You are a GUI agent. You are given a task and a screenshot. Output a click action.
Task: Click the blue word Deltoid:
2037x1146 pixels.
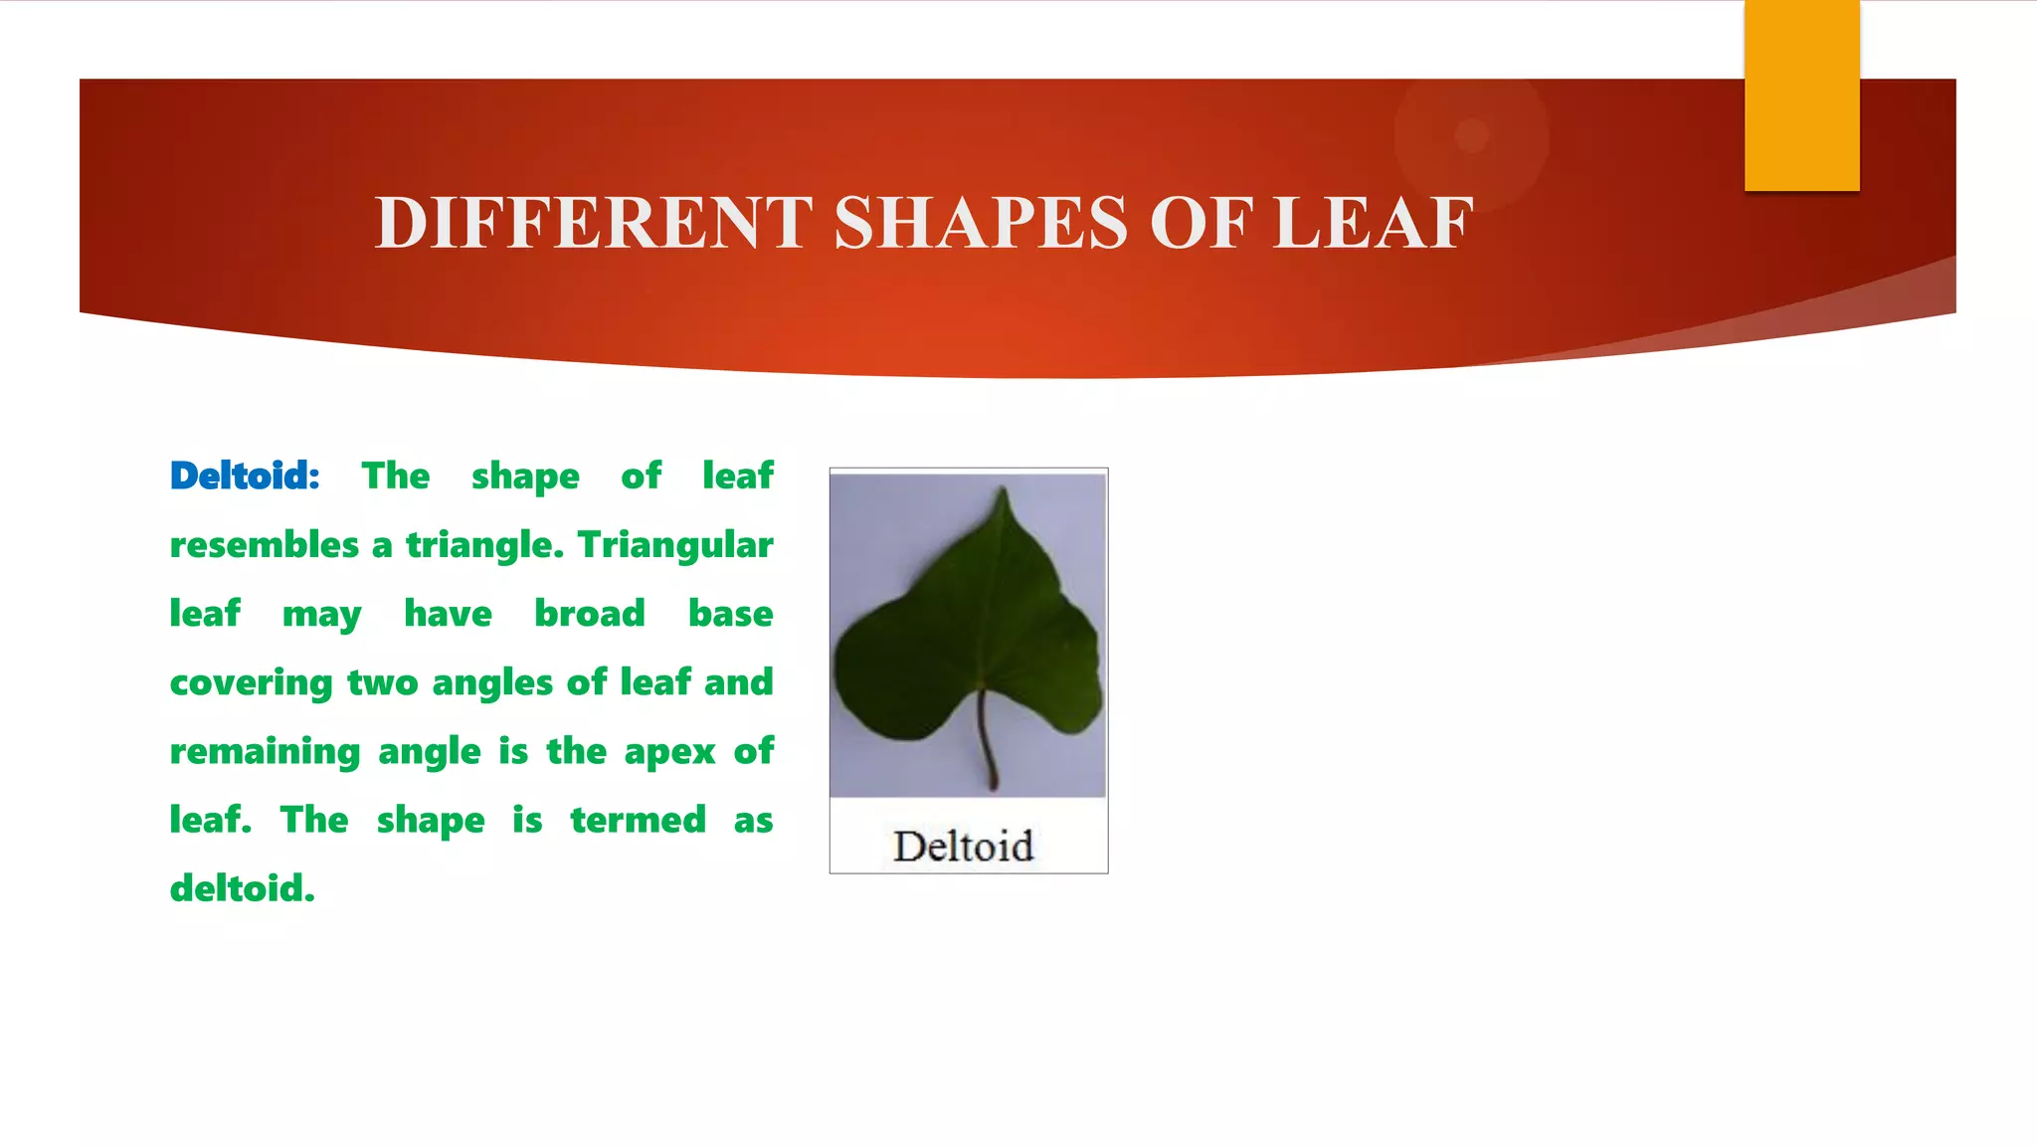[245, 477]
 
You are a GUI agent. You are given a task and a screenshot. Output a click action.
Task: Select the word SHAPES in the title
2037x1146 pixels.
[981, 223]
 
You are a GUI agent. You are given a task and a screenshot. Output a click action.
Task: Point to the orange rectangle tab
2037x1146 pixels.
[1801, 95]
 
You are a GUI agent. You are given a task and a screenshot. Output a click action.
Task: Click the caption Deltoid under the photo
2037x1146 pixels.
[963, 847]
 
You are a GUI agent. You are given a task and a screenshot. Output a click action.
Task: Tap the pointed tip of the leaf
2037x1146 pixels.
[1004, 493]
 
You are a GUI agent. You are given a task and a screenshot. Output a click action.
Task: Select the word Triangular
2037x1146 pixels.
[675, 545]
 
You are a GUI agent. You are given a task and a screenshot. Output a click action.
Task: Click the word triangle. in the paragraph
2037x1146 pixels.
[484, 545]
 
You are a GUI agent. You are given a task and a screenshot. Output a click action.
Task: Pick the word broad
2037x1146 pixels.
[590, 614]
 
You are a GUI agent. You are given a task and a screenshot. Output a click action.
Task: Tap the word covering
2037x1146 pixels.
[251, 683]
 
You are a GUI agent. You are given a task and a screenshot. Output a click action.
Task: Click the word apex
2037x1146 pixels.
[669, 752]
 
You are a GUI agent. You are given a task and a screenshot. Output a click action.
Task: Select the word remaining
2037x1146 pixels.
[265, 752]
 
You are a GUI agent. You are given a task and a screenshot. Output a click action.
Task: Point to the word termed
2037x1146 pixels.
[638, 821]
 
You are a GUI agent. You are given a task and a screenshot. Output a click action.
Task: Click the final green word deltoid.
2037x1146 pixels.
[242, 888]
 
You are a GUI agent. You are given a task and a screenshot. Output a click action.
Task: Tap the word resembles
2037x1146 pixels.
[265, 545]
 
